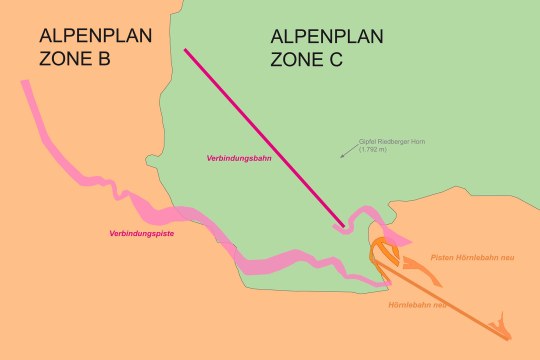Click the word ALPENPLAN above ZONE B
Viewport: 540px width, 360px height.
coord(96,37)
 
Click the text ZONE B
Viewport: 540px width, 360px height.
coord(75,59)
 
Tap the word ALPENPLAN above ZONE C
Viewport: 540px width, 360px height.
coord(327,37)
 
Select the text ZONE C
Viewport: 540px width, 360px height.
coord(307,59)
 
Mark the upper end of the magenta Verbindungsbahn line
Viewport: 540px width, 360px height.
coord(185,49)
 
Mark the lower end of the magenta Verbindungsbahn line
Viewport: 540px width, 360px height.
coord(345,226)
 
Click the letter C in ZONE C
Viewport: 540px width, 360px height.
coord(334,59)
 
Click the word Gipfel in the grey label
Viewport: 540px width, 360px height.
coord(366,142)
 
